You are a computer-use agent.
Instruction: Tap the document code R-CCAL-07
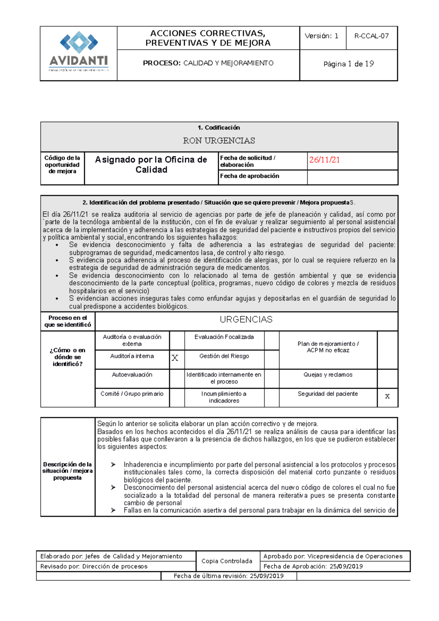pos(371,36)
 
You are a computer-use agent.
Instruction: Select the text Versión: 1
pos(322,36)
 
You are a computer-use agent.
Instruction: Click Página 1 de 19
pos(348,64)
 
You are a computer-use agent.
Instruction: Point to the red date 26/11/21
pos(324,160)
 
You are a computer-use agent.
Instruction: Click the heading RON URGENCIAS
pos(219,141)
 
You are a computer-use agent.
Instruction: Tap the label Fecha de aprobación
pos(249,176)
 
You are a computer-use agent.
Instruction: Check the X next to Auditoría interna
pos(175,358)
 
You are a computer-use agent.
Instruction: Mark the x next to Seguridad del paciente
pos(387,396)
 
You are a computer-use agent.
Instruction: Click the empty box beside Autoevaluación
pos(177,378)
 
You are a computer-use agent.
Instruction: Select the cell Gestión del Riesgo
pos(224,356)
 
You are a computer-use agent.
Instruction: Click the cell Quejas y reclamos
pos(328,375)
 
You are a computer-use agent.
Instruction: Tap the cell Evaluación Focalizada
pos(224,337)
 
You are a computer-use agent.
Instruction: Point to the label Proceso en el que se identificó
pos(68,321)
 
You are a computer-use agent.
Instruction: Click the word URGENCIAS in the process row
pos(246,320)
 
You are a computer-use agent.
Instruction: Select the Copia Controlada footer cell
pos(227,561)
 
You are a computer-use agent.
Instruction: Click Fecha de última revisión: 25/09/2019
pos(229,576)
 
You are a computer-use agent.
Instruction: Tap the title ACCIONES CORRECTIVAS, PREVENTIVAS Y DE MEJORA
pos(208,38)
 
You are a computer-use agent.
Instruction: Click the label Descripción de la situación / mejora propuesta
pos(68,471)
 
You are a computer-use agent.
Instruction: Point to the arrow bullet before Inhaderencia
pos(113,465)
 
